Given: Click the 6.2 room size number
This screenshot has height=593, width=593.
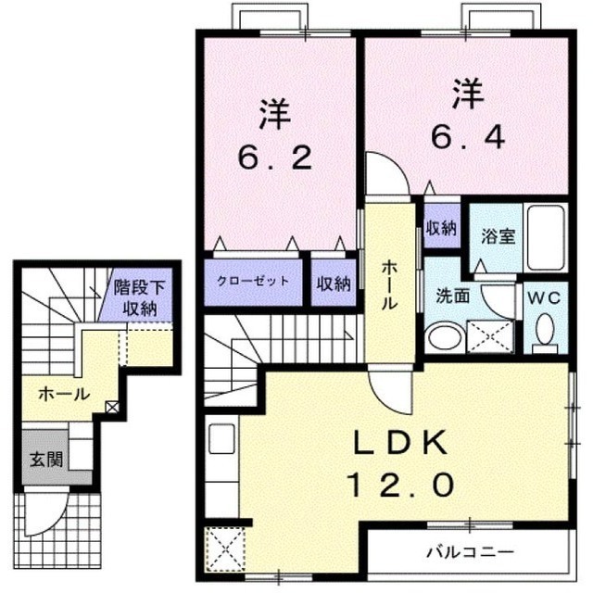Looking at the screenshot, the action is click(275, 158).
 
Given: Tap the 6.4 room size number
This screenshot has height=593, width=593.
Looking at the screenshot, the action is click(468, 137).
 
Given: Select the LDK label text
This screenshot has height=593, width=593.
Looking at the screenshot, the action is click(400, 442).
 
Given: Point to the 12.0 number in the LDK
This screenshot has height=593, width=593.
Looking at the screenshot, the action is click(401, 485).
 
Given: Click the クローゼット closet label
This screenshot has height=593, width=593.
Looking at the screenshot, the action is click(253, 281).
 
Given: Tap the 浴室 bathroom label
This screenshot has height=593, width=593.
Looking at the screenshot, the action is click(498, 236).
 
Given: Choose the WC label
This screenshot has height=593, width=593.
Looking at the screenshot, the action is click(544, 298).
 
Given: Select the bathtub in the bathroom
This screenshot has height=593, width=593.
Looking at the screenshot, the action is click(546, 237).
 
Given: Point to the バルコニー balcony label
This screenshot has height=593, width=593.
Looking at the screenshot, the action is click(471, 552).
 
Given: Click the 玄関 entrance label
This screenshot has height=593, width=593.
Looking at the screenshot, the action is click(46, 460).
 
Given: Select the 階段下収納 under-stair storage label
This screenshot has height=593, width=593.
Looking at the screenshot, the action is click(140, 298).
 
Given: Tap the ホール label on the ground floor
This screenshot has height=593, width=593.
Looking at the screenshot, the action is click(64, 395).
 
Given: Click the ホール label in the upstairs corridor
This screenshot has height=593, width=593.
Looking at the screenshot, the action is click(389, 285).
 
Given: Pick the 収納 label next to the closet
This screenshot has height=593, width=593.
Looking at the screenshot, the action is click(334, 284).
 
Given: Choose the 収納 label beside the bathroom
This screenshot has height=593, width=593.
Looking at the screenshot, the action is click(442, 228).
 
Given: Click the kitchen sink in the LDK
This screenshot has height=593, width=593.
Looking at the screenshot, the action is click(221, 438).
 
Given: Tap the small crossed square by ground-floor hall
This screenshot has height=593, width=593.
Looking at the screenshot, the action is click(112, 408).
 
